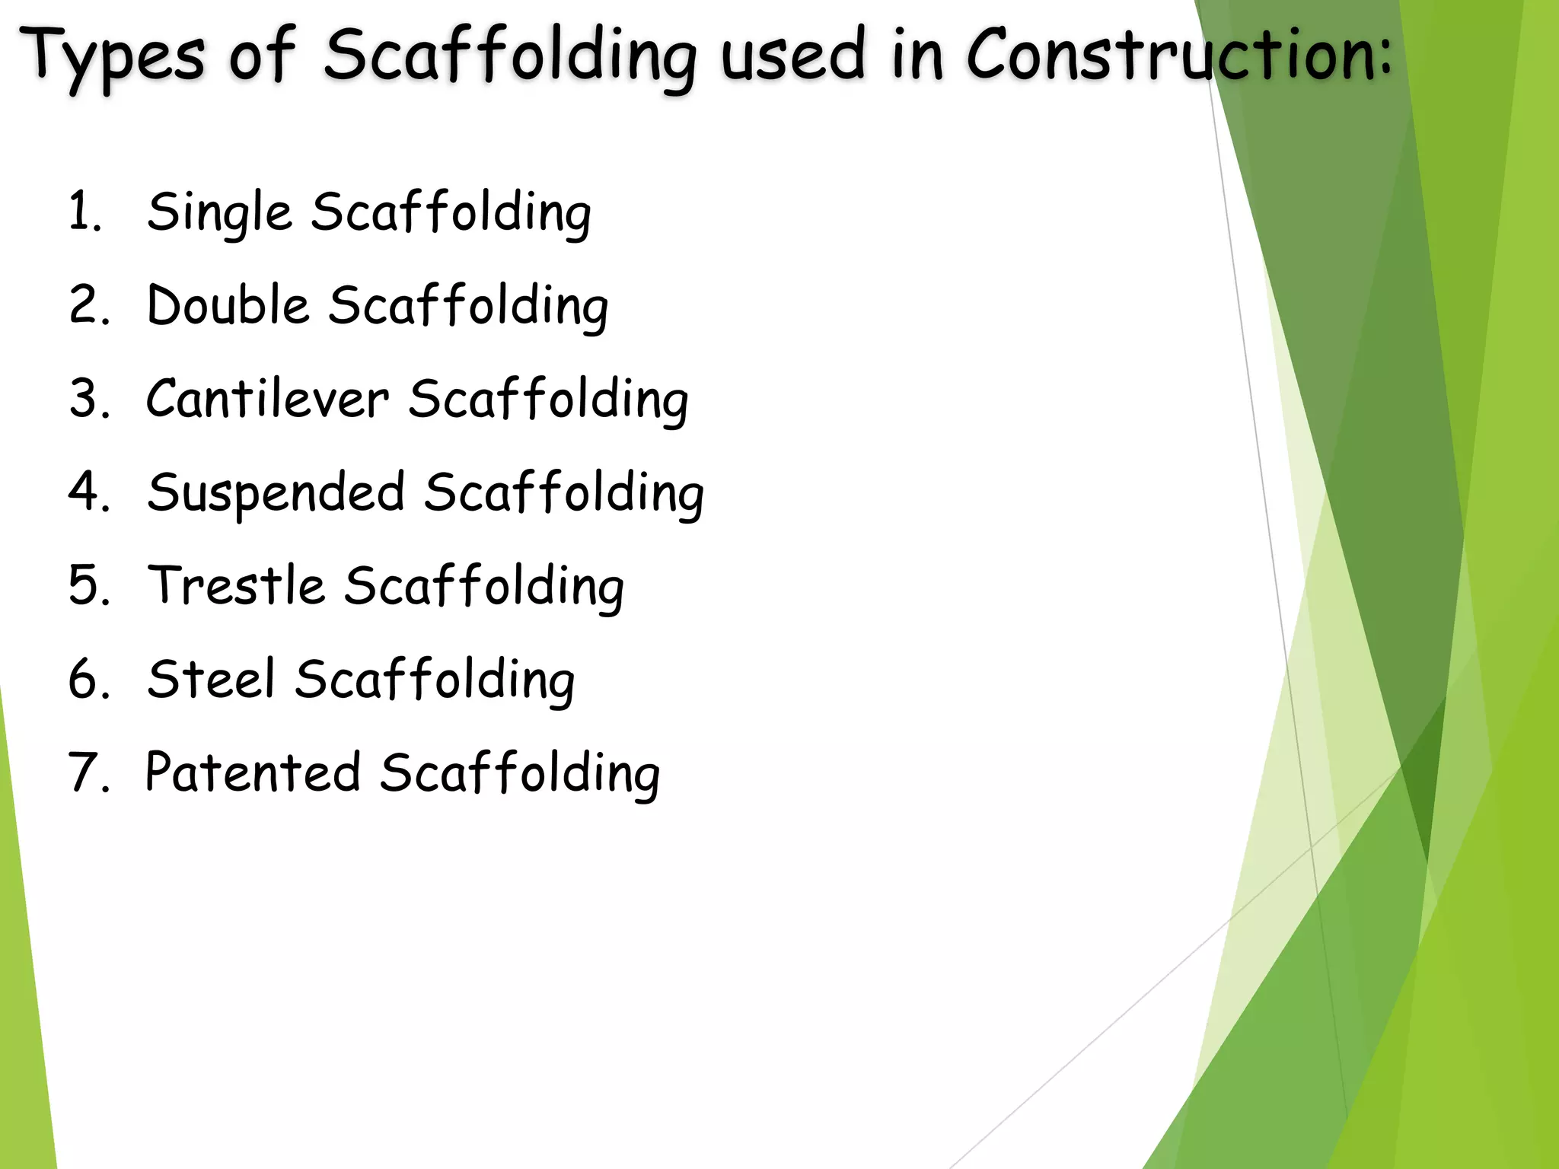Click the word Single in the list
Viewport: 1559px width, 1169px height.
pos(219,212)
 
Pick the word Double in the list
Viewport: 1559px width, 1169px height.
pos(228,305)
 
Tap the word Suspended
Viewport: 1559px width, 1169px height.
pos(276,492)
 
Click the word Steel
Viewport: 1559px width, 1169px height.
pos(211,679)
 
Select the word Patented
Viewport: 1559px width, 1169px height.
pos(253,772)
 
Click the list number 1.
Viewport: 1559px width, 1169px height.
pos(84,211)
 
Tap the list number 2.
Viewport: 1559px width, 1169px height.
pos(88,304)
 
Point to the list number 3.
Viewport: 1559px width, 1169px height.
pos(88,398)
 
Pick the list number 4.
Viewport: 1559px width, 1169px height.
pos(88,492)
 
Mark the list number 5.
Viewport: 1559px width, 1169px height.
pos(88,585)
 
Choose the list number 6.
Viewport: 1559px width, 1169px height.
pos(88,679)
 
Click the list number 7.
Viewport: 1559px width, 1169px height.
pos(88,772)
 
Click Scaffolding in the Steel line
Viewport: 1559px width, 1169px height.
pos(435,680)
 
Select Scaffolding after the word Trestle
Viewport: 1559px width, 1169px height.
pos(484,587)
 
